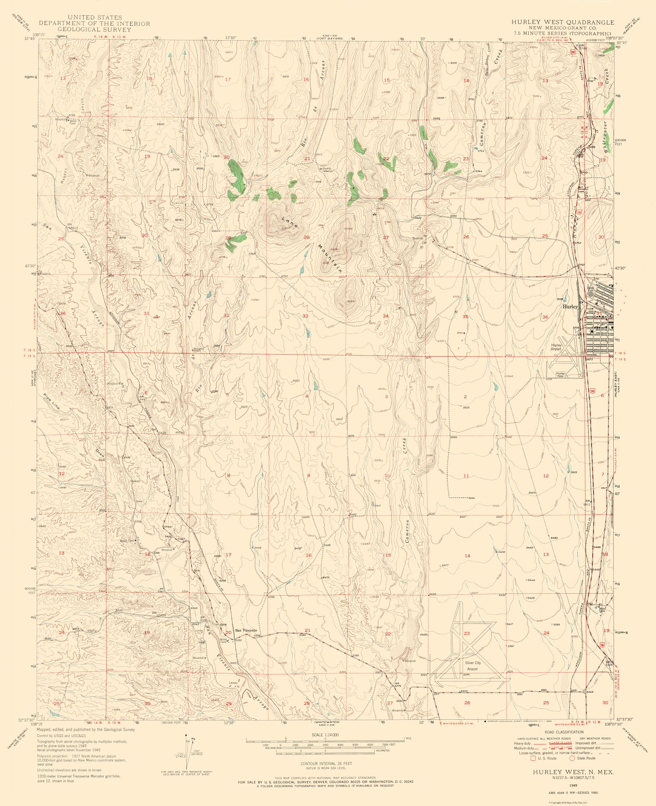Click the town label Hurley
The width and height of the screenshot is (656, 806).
point(570,307)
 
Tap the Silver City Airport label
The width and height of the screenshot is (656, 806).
point(472,666)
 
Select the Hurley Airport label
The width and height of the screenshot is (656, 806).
point(556,347)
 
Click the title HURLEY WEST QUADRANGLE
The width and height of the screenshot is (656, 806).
point(563,22)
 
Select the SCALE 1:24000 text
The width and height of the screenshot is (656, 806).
point(325,735)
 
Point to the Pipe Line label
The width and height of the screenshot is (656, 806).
point(52,402)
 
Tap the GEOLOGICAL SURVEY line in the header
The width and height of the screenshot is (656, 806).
point(94,30)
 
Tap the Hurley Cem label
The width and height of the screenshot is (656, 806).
point(561,375)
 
